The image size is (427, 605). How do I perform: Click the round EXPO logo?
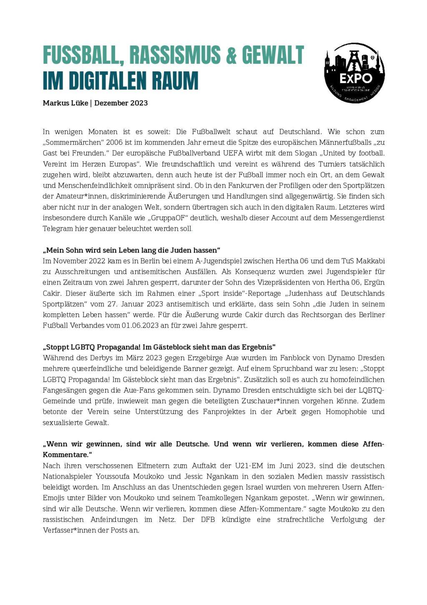[x=354, y=73]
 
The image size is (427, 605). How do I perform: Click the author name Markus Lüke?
[x=65, y=103]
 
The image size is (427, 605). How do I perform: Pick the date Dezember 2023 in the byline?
[x=121, y=103]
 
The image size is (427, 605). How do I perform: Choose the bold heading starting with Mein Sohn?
[x=131, y=250]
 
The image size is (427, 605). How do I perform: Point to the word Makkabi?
[x=371, y=261]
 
